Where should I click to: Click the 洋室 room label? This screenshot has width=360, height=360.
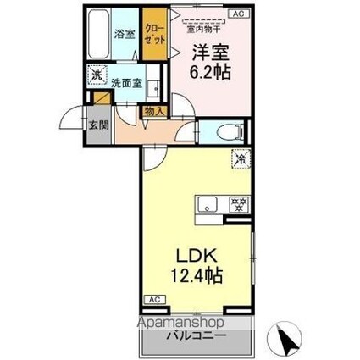[208, 50]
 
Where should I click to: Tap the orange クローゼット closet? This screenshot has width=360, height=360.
[152, 34]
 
